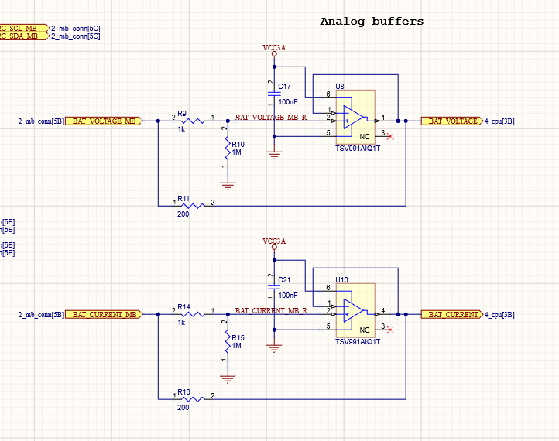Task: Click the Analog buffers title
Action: tap(372, 22)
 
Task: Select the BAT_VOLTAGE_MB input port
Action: tap(104, 121)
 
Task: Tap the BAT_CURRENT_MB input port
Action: tap(104, 314)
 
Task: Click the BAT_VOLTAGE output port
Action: tap(451, 121)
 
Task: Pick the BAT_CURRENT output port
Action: tap(451, 314)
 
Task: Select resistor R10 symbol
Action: tap(227, 147)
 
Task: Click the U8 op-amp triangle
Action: tap(353, 118)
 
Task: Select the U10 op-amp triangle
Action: tap(353, 312)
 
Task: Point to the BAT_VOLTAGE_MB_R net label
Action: tap(270, 118)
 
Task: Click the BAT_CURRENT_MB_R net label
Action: tap(270, 310)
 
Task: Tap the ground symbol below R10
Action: tap(227, 184)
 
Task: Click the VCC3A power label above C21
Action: tap(274, 241)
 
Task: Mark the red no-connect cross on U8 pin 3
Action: tap(391, 138)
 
